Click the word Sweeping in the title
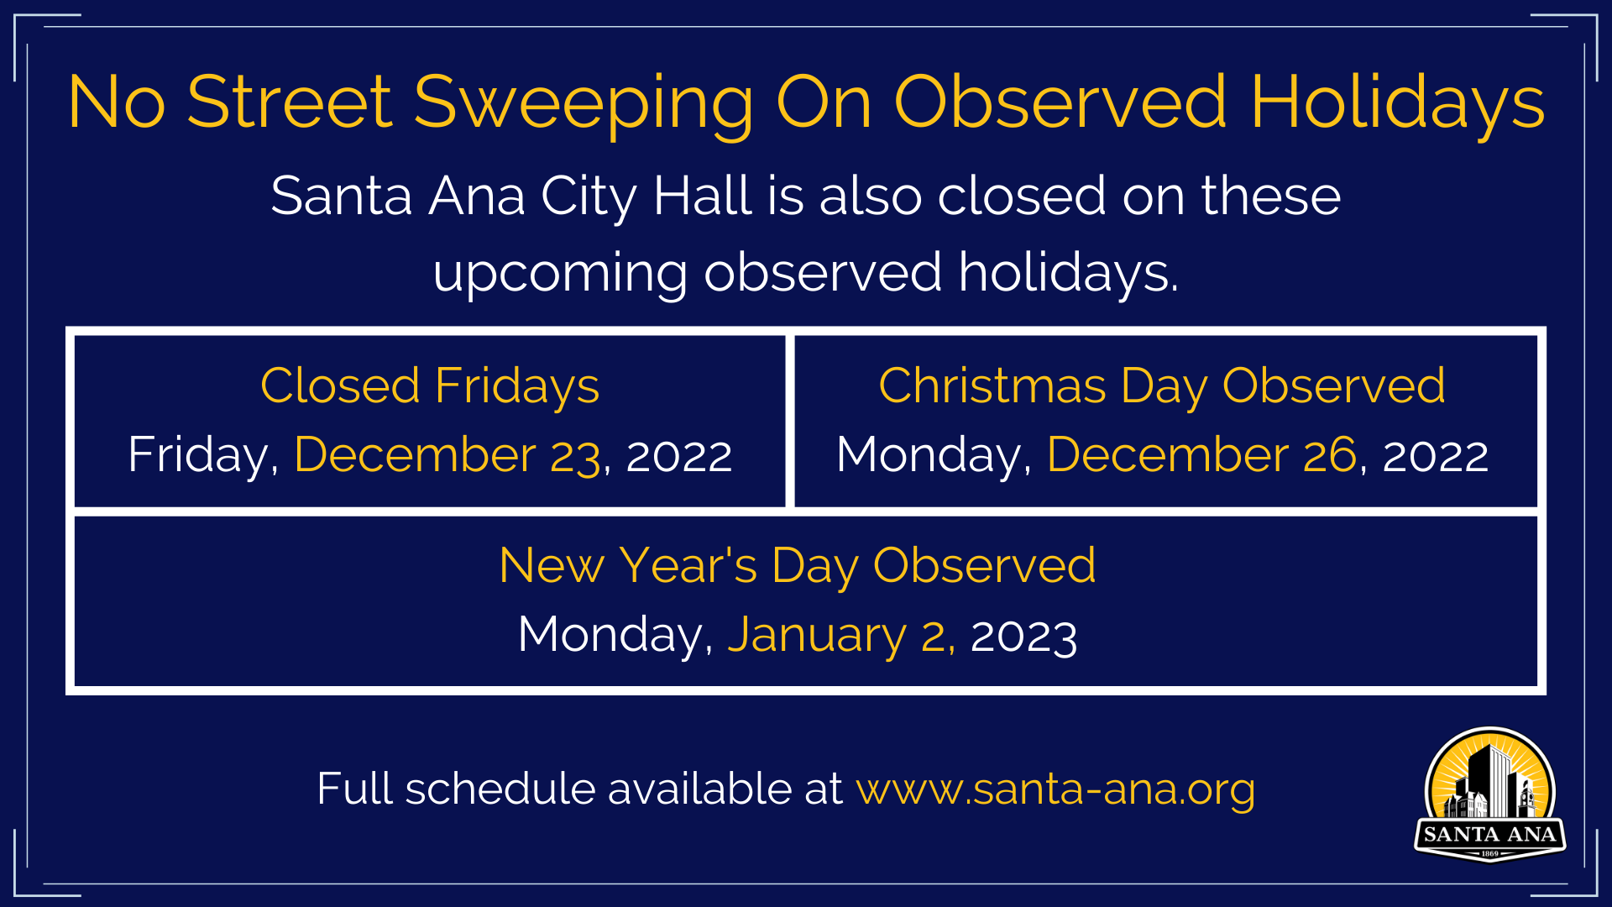pyautogui.click(x=584, y=104)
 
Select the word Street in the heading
pyautogui.click(x=290, y=102)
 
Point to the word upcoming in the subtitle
pyautogui.click(x=560, y=275)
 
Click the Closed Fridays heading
pyautogui.click(x=430, y=387)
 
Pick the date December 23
pyautogui.click(x=447, y=455)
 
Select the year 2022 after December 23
pyautogui.click(x=679, y=457)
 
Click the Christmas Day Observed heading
pyautogui.click(x=1162, y=387)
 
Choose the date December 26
pyautogui.click(x=1201, y=455)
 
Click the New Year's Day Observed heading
pyautogui.click(x=797, y=566)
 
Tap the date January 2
pyautogui.click(x=840, y=635)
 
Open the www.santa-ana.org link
pyautogui.click(x=1055, y=790)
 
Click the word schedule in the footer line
pyautogui.click(x=500, y=789)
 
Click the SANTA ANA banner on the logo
pyautogui.click(x=1490, y=835)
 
